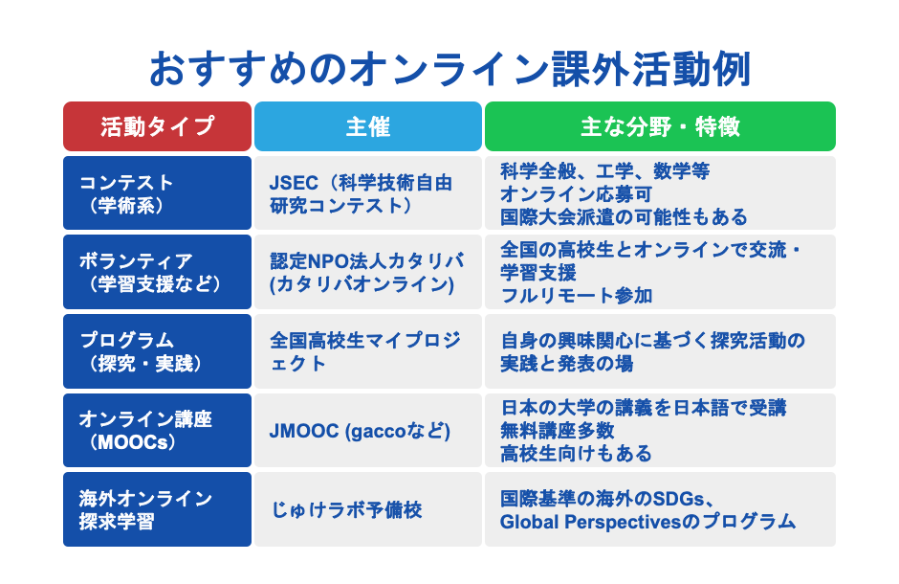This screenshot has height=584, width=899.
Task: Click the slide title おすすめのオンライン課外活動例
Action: [x=449, y=70]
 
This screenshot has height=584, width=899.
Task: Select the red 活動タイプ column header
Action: [x=157, y=126]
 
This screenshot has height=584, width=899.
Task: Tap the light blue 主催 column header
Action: [x=367, y=126]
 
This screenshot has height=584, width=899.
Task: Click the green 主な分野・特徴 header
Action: [x=660, y=126]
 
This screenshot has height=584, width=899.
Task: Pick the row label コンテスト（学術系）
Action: [x=157, y=192]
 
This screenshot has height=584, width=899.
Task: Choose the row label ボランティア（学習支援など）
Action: [x=157, y=272]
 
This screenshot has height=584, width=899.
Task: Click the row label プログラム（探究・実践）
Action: [x=157, y=351]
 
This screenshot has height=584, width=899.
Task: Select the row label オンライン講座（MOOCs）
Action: [x=157, y=430]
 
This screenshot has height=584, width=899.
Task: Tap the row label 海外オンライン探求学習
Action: [x=157, y=509]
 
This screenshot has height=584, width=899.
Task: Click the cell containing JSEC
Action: [x=367, y=192]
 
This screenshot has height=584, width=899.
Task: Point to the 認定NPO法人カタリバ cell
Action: [x=367, y=272]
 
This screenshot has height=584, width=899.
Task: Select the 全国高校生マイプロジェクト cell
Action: [x=367, y=351]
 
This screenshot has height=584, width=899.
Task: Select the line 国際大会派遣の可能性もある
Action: [x=624, y=216]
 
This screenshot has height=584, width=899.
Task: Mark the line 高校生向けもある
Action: [x=576, y=453]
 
